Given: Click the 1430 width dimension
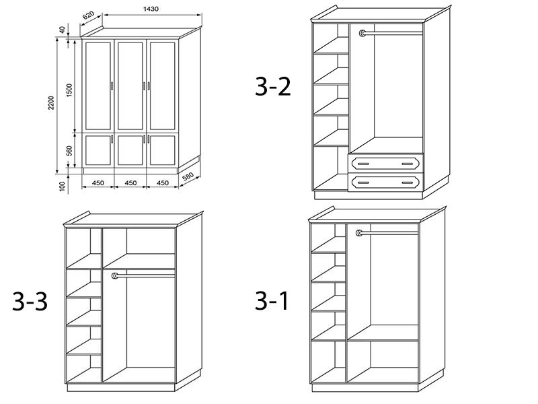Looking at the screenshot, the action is pos(151,9).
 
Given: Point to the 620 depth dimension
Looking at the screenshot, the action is pos(89,15).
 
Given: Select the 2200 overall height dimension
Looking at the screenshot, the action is pos(51,103).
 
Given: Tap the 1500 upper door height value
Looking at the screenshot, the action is pos(69,90).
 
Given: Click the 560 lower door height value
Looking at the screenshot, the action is pos(69,151).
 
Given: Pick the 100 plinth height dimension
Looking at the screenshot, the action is pos(62,187).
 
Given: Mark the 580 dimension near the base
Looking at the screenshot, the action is pos(188,177).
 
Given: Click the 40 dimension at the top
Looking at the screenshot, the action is pos(62,30).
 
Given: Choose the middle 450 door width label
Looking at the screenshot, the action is pos(130,183).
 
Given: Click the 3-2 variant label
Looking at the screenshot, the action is pos(273,87).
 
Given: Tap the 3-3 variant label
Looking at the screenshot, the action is pos(30,302).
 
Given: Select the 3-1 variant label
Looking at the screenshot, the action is pos(272,300).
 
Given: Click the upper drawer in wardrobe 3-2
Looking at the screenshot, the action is pos(386,164).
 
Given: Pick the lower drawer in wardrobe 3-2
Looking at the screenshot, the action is pos(386,182).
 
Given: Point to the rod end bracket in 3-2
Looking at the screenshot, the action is pos(362,33).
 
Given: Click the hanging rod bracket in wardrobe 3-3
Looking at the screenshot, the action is pos(115,275).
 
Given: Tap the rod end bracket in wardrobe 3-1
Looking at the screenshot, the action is pos(359,233).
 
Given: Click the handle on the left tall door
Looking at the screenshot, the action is pos(112,86).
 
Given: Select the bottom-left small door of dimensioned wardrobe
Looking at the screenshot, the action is pos(98,150).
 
